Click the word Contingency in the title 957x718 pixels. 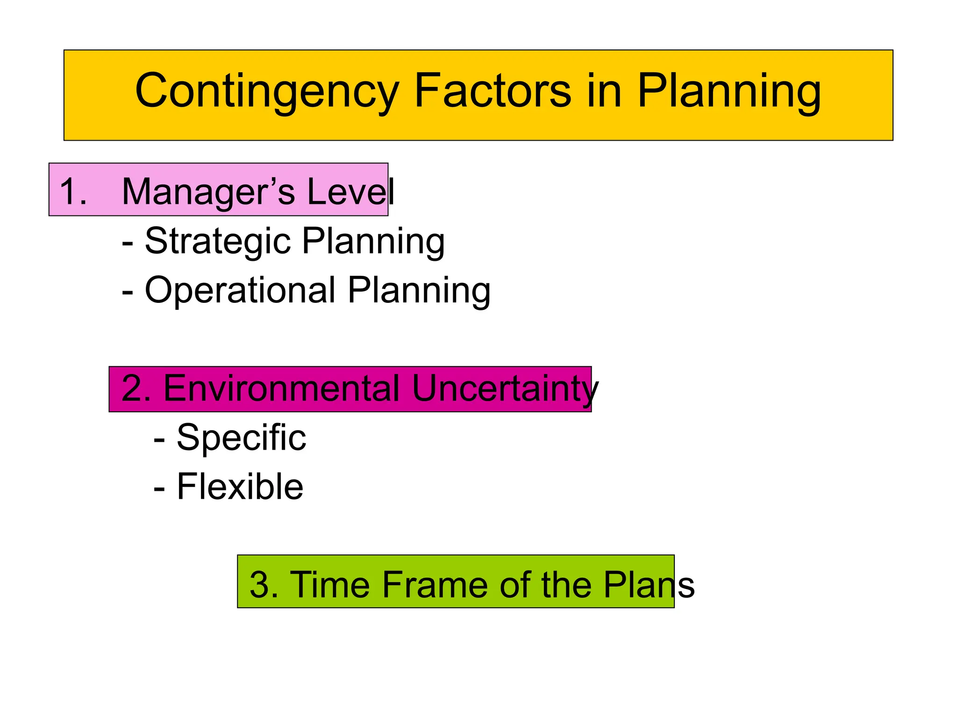click(267, 91)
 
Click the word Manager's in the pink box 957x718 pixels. click(208, 192)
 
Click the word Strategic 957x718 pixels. click(218, 241)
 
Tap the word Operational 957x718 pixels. click(240, 290)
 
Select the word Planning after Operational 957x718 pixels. click(419, 290)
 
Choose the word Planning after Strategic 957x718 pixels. click(373, 241)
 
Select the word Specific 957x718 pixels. click(241, 438)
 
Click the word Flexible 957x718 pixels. click(240, 487)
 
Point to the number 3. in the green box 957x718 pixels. click(264, 585)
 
